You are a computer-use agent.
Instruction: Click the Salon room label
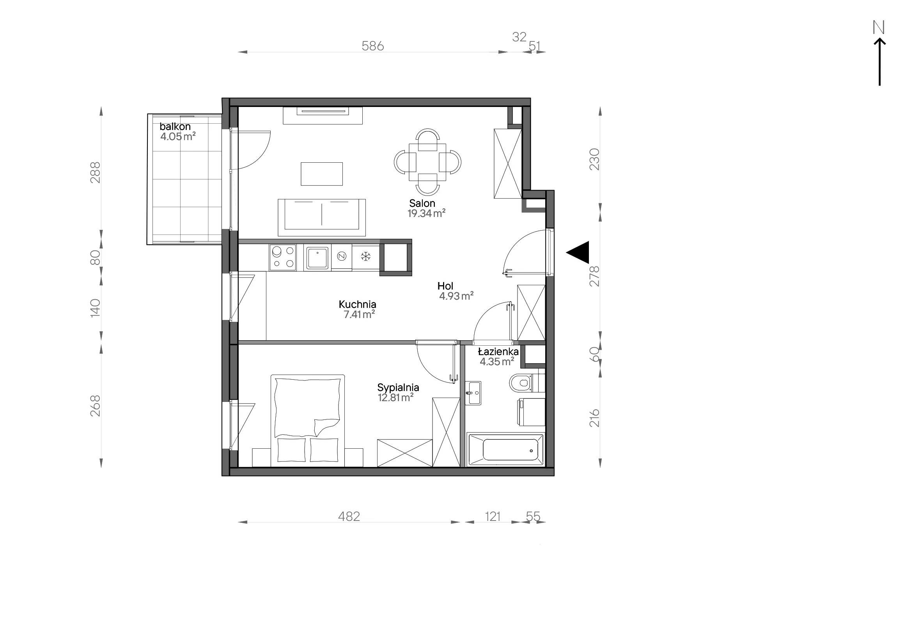click(422, 203)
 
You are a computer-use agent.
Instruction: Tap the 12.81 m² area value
click(396, 397)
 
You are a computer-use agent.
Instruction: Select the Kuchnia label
click(357, 304)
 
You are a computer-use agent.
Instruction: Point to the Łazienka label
click(498, 352)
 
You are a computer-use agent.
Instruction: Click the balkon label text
click(175, 126)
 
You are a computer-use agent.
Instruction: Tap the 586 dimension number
click(372, 46)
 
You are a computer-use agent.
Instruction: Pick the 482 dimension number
click(349, 516)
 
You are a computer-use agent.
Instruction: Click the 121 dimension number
click(493, 516)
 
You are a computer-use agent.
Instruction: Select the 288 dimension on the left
click(96, 172)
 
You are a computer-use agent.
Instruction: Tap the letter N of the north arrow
click(878, 27)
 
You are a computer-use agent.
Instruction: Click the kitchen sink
click(317, 258)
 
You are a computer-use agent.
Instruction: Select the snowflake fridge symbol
click(365, 257)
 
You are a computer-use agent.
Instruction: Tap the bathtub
click(505, 449)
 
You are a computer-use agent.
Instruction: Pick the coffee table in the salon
click(322, 174)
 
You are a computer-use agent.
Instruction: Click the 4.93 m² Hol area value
click(456, 296)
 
